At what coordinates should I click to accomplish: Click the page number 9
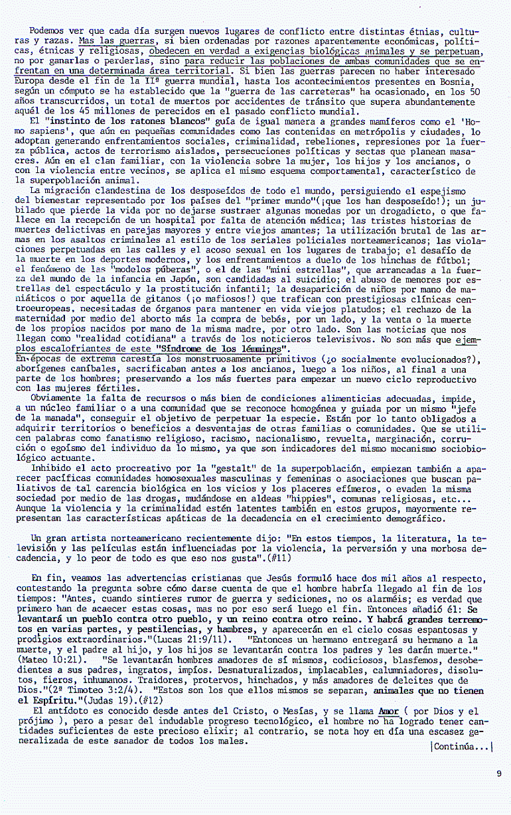coord(498,773)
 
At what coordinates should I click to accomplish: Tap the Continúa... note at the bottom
coord(462,747)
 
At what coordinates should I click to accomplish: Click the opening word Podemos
coord(50,31)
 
